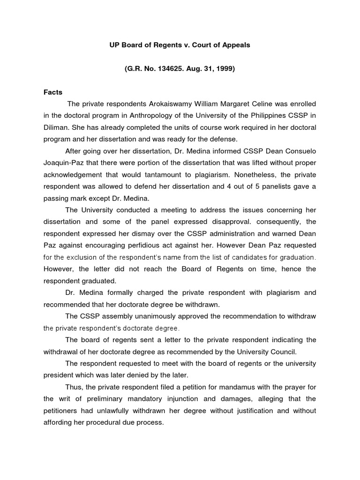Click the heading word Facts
tap(53, 92)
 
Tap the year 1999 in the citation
tap(223, 69)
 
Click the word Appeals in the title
tap(237, 45)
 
